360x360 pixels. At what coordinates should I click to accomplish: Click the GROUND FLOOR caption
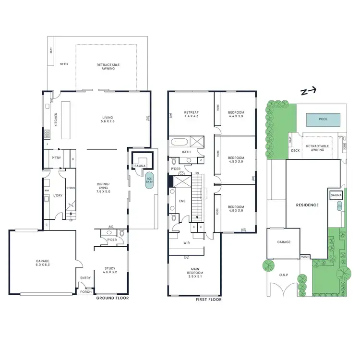click(112, 298)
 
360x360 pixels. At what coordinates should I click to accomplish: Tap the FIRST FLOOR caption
click(209, 300)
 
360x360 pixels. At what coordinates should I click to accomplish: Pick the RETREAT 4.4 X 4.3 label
click(192, 114)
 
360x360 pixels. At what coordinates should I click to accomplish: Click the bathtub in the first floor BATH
click(179, 142)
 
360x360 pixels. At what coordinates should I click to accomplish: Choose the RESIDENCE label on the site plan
click(307, 205)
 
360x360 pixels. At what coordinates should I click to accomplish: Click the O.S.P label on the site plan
click(283, 275)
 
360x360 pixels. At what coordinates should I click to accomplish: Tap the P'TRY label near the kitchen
click(55, 157)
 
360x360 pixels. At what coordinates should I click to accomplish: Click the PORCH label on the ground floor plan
click(85, 291)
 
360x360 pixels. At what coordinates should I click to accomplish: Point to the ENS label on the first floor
click(182, 201)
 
